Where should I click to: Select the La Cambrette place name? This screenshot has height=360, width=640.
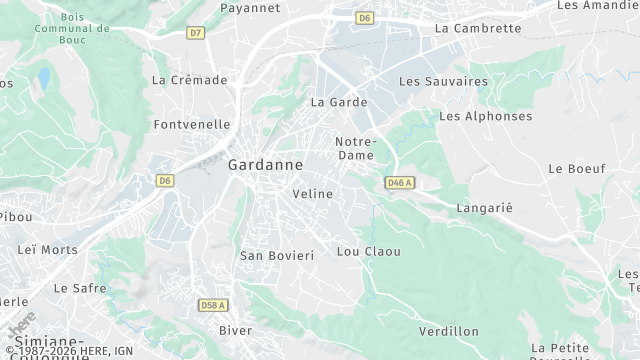coord(478,28)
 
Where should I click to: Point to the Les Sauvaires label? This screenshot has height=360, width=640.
coord(443,80)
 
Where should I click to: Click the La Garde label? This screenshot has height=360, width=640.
coord(339,102)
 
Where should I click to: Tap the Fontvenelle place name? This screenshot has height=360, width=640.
coord(193,125)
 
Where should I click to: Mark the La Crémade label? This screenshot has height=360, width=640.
coord(190,80)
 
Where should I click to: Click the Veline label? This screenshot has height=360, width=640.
coord(313,193)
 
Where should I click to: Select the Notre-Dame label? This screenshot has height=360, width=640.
coord(355,148)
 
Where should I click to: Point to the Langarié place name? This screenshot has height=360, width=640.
coord(484,207)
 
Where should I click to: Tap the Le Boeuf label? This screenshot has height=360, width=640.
coord(577,169)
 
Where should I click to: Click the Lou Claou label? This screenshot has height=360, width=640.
coord(369,251)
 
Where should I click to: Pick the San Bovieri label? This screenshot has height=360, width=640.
coord(277,255)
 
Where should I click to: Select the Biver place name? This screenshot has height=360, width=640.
coord(236,329)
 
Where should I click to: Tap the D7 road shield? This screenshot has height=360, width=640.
coord(195,33)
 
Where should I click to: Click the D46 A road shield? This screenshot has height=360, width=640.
coord(399,183)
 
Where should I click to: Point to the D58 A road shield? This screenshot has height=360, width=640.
coord(213,305)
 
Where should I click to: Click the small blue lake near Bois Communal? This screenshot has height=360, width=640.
coord(43,78)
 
